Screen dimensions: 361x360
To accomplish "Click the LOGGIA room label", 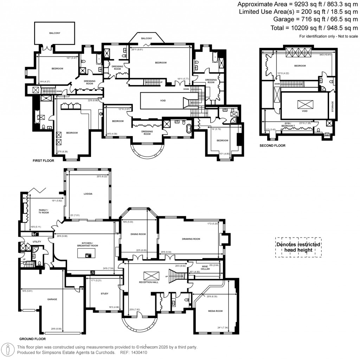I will tap(88, 194).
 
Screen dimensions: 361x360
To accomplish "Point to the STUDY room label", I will tap(104, 294).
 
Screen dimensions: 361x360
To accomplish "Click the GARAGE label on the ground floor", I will tap(52, 299).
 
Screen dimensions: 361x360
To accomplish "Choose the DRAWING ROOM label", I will tap(191, 239).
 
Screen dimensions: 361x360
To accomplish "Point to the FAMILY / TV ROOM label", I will tap(44, 211).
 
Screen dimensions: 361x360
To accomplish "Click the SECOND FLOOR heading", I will tap(272, 146).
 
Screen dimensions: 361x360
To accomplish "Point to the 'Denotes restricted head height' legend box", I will tap(298, 247).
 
